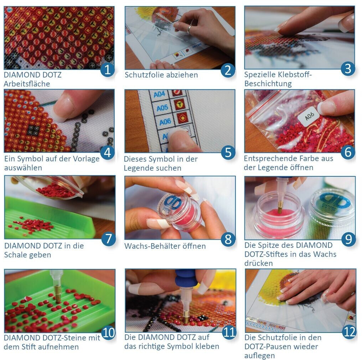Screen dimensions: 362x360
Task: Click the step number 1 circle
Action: [x=108, y=70]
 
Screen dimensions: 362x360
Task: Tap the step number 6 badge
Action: [x=348, y=152]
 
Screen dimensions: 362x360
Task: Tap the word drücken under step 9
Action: [x=259, y=263]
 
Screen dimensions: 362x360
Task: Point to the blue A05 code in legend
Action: [x=162, y=108]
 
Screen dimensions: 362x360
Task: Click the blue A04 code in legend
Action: [x=159, y=94]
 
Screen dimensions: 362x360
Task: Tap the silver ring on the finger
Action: [x=189, y=30]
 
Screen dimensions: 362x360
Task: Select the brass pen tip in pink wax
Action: [x=280, y=207]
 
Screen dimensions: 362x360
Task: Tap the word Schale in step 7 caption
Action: [x=16, y=255]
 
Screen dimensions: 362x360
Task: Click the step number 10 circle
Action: [x=108, y=333]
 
